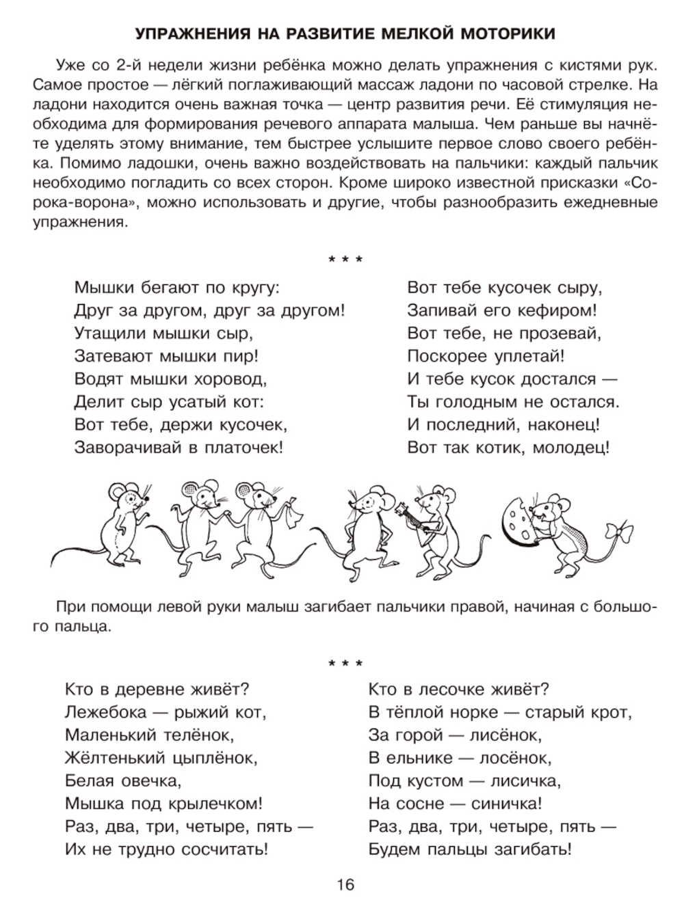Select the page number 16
pos(345,886)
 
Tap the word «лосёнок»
pos(505,757)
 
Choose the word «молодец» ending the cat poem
pos(573,448)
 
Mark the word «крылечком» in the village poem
pos(218,804)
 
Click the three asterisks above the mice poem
pos(345,260)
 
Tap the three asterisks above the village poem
pos(345,664)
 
